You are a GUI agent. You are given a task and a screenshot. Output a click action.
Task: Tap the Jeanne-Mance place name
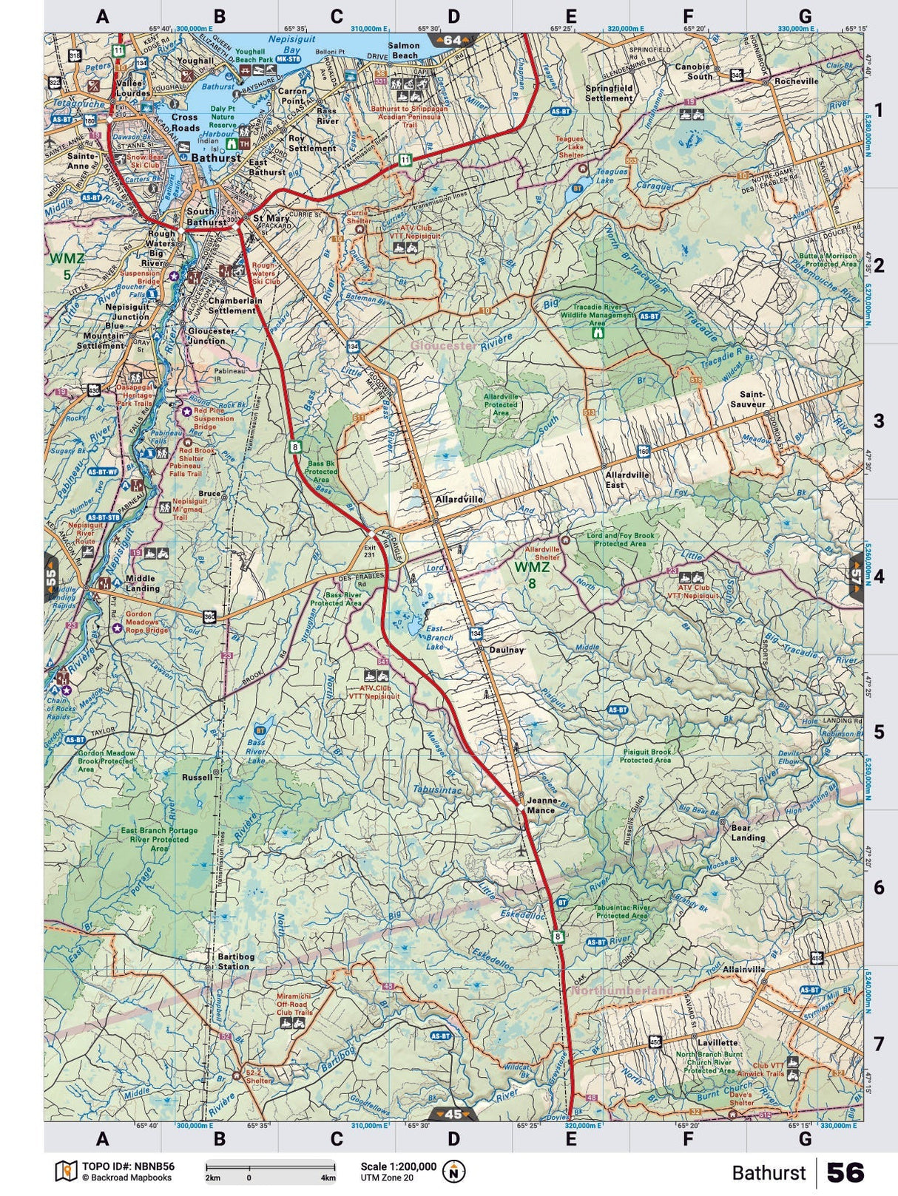[541, 805]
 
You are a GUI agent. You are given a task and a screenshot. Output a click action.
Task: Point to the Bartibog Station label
[232, 961]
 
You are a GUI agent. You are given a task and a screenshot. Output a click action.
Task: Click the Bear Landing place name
[748, 833]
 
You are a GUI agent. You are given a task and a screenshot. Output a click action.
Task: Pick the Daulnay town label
[507, 650]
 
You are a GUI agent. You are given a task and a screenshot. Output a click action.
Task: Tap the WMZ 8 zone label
[533, 574]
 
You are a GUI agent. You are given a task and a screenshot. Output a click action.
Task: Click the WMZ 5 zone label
[67, 266]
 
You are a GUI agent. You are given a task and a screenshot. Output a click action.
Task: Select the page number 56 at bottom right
[845, 1172]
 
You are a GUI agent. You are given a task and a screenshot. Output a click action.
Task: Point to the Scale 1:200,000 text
[399, 1166]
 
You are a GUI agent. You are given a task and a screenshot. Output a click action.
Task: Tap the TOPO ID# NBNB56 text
[128, 1166]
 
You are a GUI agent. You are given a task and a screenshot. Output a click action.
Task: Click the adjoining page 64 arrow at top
[453, 40]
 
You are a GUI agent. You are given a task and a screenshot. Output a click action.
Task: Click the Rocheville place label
[797, 81]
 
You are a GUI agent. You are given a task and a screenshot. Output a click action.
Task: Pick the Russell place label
[197, 777]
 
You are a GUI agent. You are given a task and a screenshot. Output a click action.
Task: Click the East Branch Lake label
[440, 637]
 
